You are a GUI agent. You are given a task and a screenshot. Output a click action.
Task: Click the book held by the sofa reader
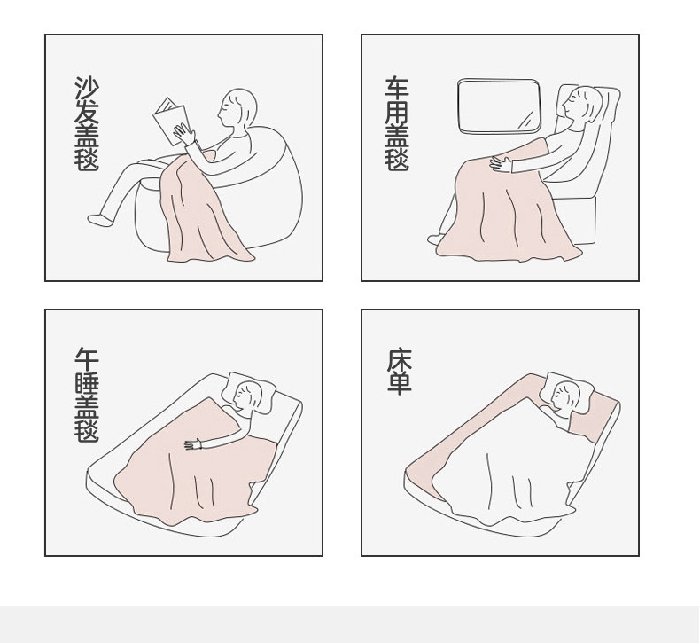coord(169,121)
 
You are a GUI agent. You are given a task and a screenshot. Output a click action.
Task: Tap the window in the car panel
coord(499,106)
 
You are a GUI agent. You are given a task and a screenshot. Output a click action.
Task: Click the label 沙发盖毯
coord(87,123)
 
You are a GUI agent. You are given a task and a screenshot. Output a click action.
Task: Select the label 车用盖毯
coord(397,124)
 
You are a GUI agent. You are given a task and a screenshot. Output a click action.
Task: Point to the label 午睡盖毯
coord(87,395)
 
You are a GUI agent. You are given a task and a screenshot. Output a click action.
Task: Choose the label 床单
coord(399,372)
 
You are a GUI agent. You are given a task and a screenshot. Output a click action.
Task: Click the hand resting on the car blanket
coord(501,163)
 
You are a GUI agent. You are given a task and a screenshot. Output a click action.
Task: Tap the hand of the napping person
coord(193,444)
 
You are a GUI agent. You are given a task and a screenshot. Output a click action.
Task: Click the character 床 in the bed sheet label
coord(399,360)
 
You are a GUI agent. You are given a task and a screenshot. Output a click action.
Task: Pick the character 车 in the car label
coord(397,88)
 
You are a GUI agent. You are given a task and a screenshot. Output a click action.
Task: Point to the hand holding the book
coord(183,133)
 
